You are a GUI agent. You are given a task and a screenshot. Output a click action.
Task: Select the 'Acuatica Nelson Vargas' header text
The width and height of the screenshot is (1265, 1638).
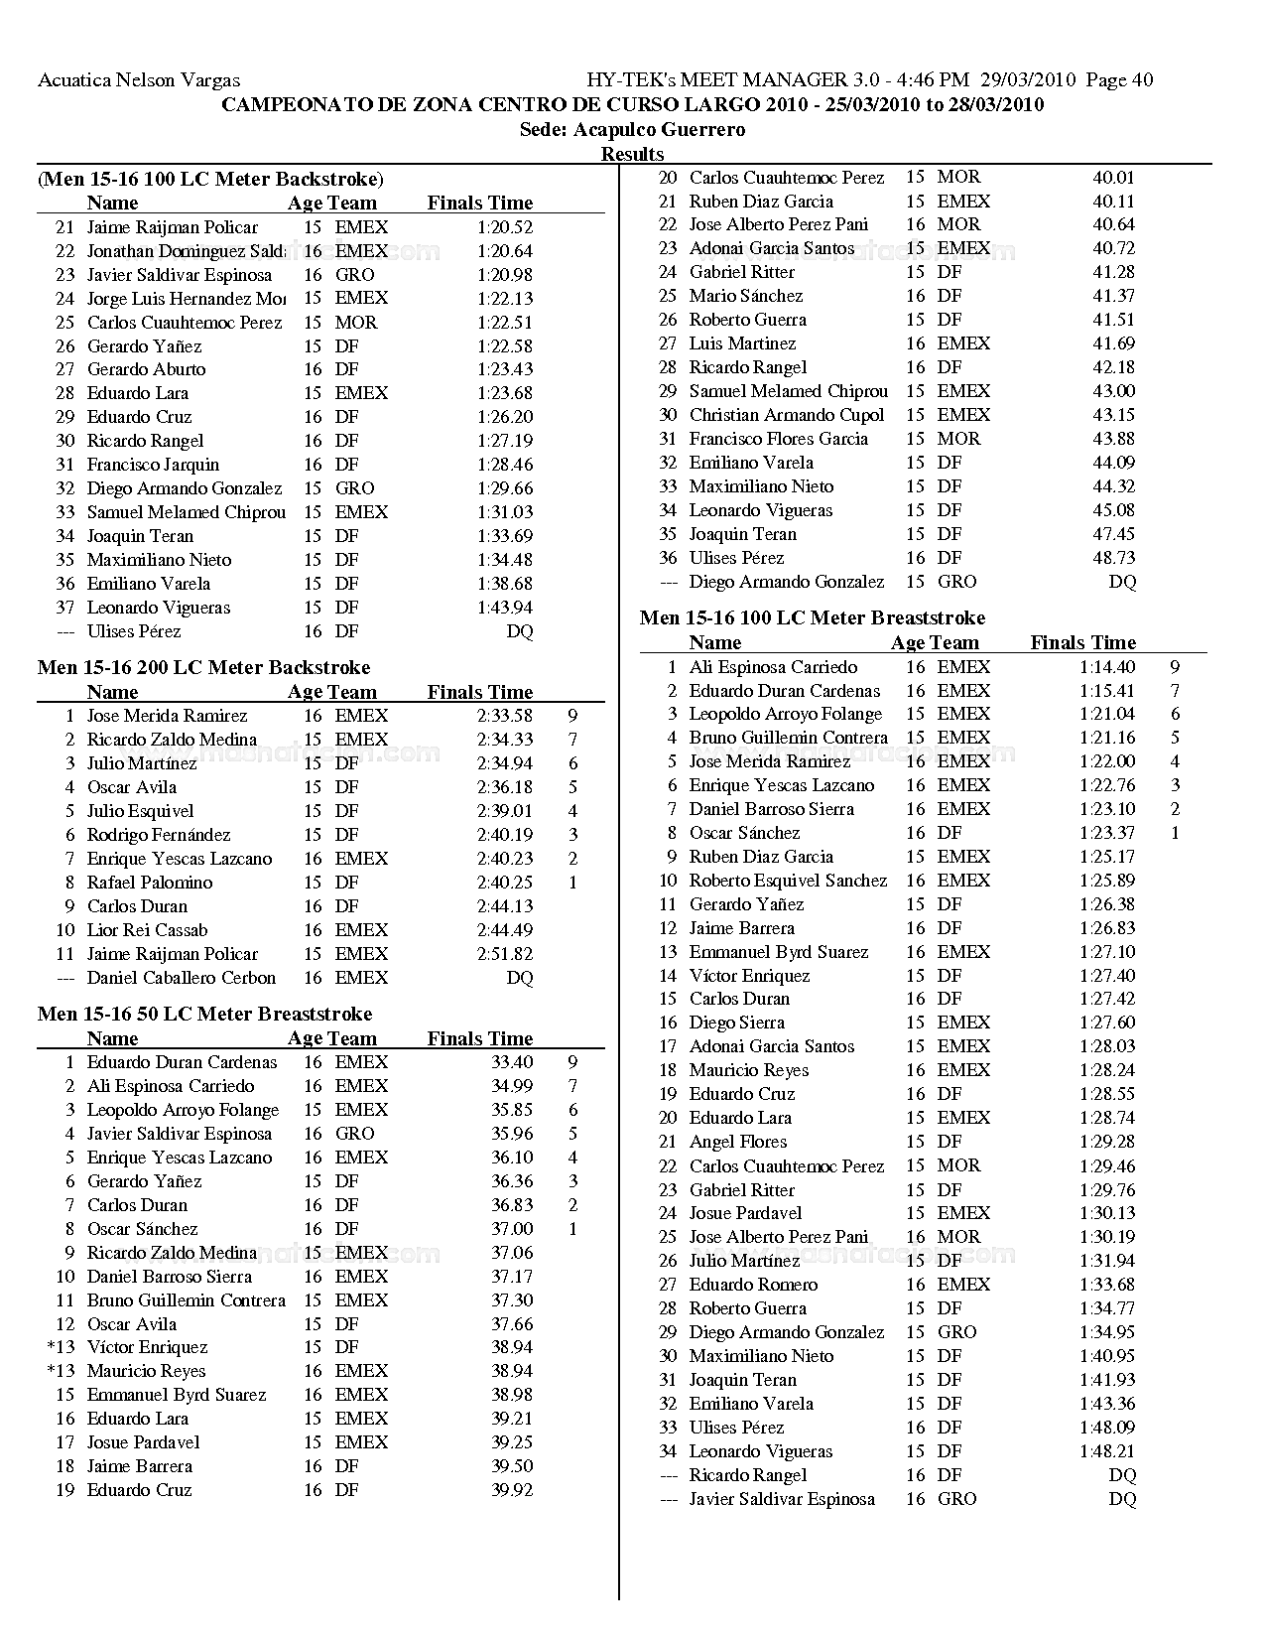coord(139,80)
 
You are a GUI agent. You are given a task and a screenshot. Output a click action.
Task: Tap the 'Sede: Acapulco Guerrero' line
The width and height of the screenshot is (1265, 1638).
coord(632,130)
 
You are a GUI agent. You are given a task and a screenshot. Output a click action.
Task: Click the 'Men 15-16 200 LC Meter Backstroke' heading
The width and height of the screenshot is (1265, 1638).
coord(203,668)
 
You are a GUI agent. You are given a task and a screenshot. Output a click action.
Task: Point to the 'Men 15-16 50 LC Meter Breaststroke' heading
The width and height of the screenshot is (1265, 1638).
coord(204,1015)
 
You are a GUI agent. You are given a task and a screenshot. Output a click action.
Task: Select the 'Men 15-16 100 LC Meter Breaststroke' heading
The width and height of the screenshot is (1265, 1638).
coord(813,618)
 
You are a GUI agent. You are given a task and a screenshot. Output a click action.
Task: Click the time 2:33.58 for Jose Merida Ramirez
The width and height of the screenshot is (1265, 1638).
coord(504,716)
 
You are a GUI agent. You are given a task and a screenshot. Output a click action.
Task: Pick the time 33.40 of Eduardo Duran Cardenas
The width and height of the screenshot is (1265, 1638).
coord(512,1062)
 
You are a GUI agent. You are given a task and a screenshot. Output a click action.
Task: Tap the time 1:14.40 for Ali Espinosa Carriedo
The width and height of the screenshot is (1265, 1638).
coord(1107,667)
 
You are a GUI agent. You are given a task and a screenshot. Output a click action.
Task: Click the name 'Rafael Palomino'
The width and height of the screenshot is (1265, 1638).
coord(150,883)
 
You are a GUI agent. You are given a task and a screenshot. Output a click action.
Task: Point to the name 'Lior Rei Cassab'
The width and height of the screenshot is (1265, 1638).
coord(148,930)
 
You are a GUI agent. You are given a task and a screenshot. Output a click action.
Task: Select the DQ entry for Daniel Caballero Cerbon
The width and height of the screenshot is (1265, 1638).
coord(520,978)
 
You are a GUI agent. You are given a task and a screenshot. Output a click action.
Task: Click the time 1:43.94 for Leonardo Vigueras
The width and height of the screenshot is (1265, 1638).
coord(504,608)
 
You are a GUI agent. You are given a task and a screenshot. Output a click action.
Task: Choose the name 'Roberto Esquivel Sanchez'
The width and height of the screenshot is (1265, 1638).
coord(788,881)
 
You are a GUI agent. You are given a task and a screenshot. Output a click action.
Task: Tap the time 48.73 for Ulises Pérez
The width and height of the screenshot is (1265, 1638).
coord(1114,558)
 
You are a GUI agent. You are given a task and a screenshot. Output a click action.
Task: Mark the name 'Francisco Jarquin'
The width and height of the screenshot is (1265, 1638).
coord(153,465)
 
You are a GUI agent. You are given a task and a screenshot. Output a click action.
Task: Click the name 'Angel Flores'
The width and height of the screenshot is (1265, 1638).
coord(738,1142)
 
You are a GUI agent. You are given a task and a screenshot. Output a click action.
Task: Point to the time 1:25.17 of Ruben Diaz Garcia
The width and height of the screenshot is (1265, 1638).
coord(1107,857)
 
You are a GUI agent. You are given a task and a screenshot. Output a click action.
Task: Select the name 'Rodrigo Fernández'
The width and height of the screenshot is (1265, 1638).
coord(159,835)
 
